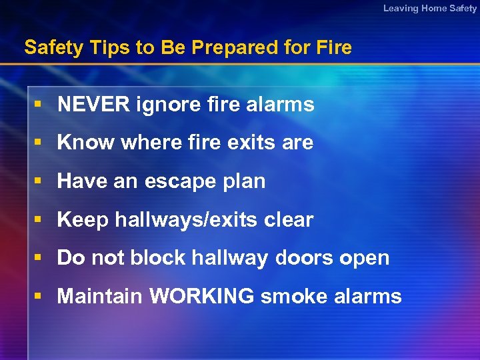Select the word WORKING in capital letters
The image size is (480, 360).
201,297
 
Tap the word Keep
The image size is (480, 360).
83,220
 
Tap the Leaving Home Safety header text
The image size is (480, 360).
430,9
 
